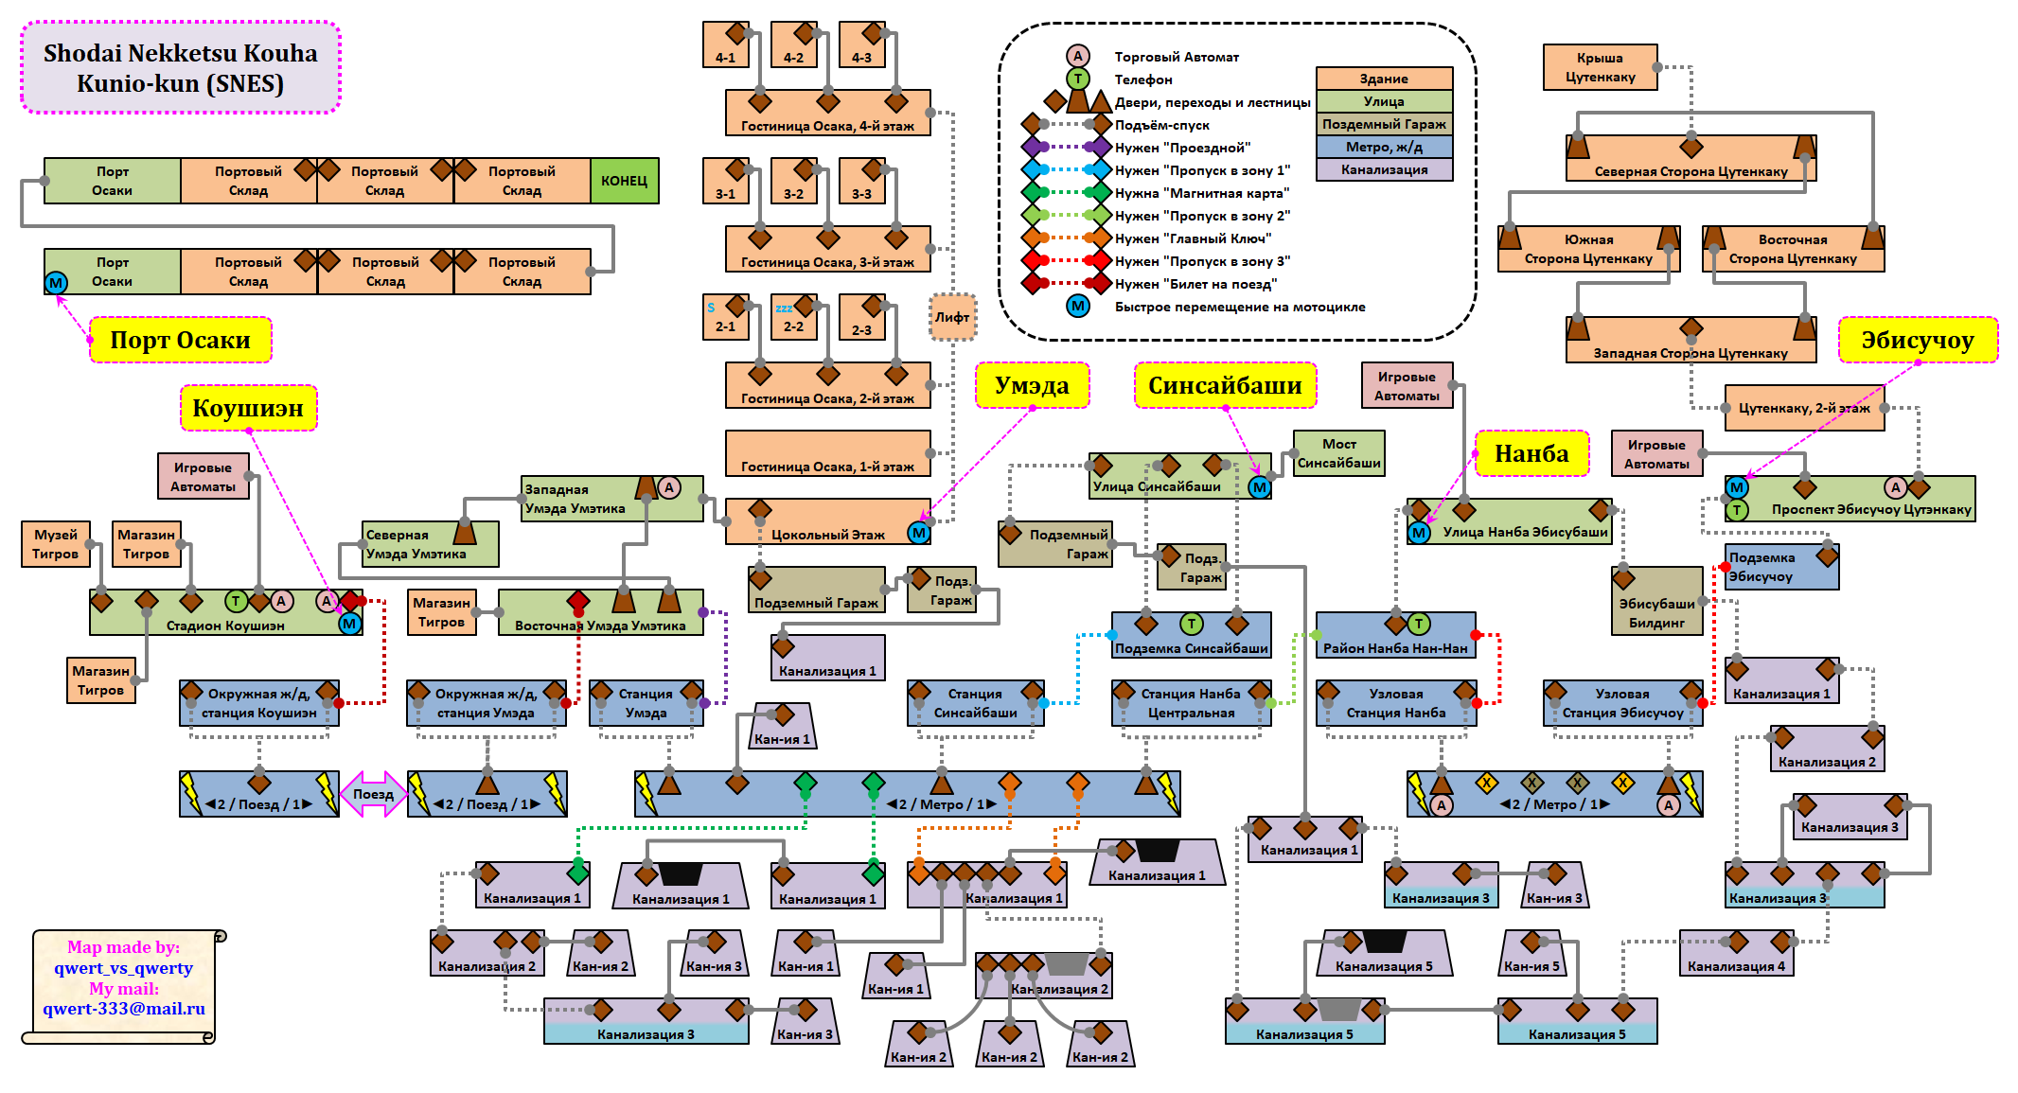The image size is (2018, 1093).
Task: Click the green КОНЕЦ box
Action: (x=625, y=181)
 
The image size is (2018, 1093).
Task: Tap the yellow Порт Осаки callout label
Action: (x=181, y=340)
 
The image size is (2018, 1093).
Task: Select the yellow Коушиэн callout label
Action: (x=249, y=408)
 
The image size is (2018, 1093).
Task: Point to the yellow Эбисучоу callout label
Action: (x=1918, y=340)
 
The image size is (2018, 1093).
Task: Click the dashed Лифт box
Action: (x=952, y=317)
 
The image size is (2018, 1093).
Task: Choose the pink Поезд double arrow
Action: (x=373, y=794)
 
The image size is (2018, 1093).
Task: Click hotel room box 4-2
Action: (x=794, y=44)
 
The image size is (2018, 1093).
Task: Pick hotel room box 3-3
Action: (x=862, y=181)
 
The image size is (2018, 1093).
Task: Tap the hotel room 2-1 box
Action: (x=726, y=317)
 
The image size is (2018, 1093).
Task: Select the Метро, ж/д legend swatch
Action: (x=1384, y=147)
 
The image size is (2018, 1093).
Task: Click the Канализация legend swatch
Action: (x=1384, y=169)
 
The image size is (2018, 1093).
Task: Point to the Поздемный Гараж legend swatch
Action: (x=1384, y=124)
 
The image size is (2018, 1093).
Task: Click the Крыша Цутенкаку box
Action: (x=1601, y=67)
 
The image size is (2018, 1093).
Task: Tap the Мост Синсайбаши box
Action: (x=1339, y=453)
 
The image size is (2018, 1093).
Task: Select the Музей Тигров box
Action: (x=56, y=544)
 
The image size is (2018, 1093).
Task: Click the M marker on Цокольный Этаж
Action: (x=918, y=533)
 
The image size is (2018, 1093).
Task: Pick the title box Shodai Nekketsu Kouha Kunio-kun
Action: (x=181, y=67)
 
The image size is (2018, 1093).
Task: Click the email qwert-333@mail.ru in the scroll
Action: (x=124, y=1009)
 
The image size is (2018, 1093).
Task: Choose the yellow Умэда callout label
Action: (x=1033, y=385)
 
